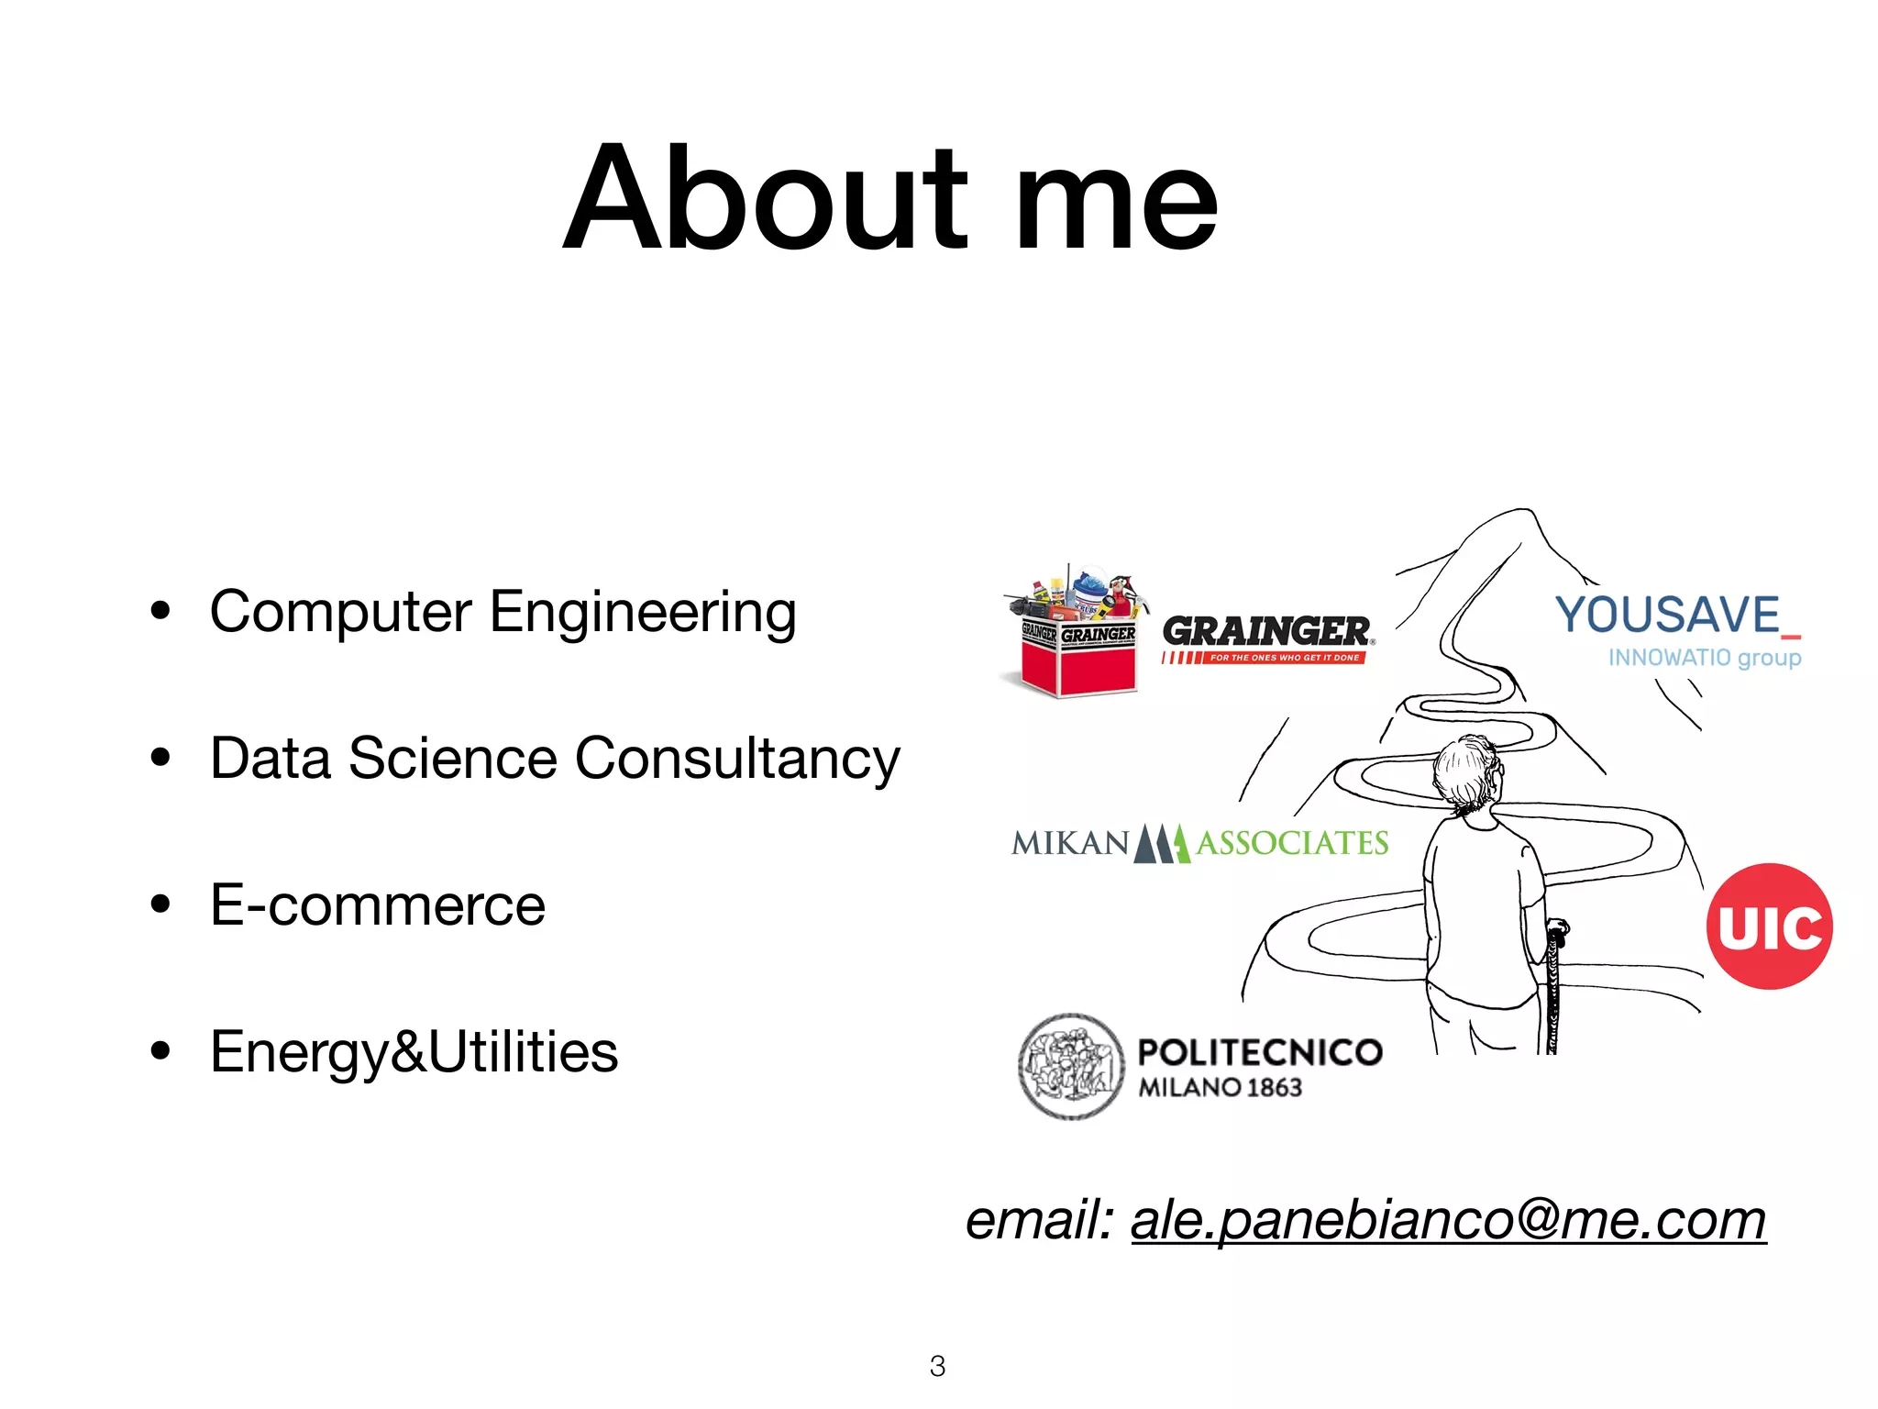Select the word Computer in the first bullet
point(341,613)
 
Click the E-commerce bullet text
point(378,905)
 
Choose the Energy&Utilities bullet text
point(414,1052)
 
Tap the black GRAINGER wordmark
point(1265,631)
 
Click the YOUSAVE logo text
point(1667,615)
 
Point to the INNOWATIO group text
point(1704,658)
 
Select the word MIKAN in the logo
point(1069,843)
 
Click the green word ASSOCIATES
point(1292,843)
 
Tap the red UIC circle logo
point(1769,926)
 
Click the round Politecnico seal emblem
point(1071,1067)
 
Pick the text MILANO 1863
point(1220,1088)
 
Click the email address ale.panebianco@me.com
point(1448,1221)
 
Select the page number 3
point(937,1367)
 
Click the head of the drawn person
point(1467,771)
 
